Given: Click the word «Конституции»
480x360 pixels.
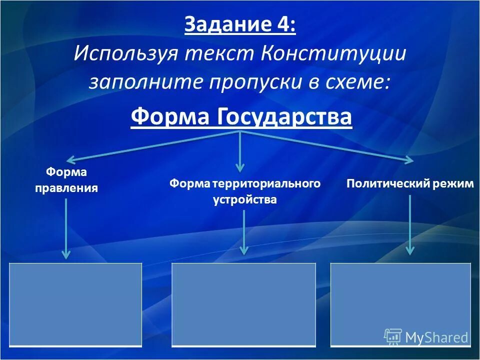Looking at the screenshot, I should pos(332,53).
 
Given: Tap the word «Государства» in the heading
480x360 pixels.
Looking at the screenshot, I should pos(285,117).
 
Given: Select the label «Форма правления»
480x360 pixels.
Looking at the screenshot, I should pos(66,180).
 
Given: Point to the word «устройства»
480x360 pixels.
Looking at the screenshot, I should pos(244,199).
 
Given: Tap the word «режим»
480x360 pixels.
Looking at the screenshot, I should pos(452,184).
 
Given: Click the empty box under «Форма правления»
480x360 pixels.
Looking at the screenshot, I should pos(75,304).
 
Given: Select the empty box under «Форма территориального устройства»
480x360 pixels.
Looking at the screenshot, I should pos(243,304).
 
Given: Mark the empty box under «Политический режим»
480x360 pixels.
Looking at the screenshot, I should pos(400,304).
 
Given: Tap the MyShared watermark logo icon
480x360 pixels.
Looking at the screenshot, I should pos(392,336).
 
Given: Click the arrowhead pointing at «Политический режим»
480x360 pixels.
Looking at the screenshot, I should pos(409,160).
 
